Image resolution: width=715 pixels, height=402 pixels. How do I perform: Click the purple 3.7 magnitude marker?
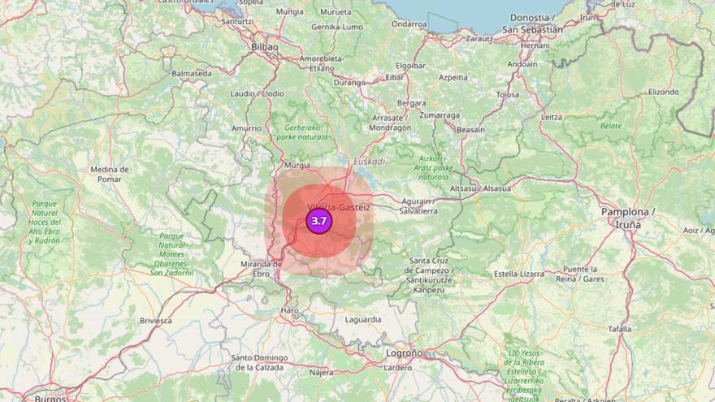[318, 221]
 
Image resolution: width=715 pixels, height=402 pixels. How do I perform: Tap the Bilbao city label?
[265, 47]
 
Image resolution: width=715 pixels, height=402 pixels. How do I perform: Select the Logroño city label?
[404, 353]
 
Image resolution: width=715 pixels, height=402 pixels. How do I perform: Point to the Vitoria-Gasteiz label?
[340, 207]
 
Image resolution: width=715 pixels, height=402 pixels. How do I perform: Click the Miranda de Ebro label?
[261, 269]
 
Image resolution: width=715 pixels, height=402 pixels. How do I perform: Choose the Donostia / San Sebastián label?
[532, 24]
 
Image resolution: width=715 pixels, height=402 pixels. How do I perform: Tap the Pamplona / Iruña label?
[628, 218]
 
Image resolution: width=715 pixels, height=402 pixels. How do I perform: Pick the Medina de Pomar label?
[110, 174]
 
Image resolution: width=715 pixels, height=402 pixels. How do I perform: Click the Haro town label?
[290, 311]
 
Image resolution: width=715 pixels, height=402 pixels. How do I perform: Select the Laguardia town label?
[363, 319]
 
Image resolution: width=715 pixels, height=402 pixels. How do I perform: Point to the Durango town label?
[349, 82]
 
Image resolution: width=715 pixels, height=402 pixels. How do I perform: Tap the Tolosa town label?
[507, 95]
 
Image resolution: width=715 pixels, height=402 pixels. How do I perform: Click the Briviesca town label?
[155, 321]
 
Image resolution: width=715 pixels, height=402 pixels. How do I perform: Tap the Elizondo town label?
[663, 92]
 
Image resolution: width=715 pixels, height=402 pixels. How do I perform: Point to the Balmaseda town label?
[191, 73]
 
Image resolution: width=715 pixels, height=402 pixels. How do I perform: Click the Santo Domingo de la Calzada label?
[259, 362]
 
